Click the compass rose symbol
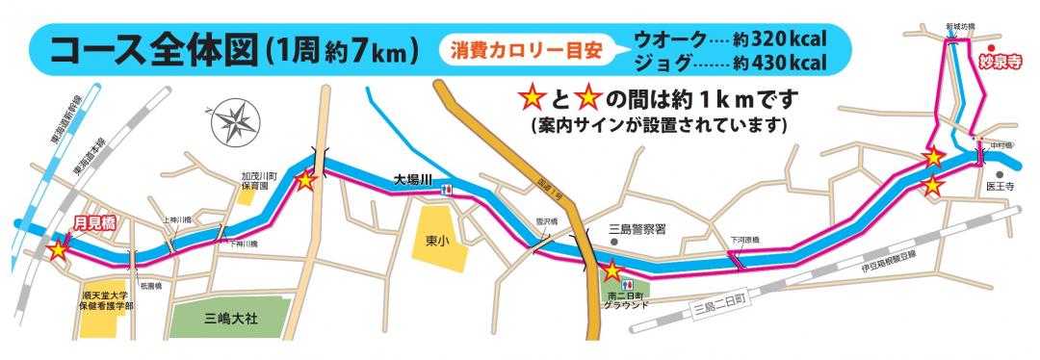(232, 122)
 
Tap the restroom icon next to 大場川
(445, 190)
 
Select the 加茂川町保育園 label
(259, 180)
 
